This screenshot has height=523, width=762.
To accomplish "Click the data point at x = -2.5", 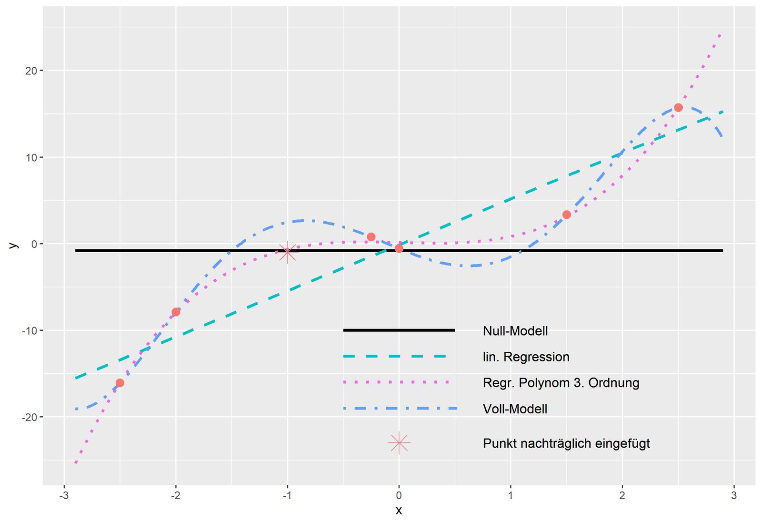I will coord(120,383).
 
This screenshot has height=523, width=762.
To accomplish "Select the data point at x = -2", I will coord(176,312).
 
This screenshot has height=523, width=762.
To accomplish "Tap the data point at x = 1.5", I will coord(566,215).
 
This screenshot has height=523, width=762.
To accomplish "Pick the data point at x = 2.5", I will coord(678,108).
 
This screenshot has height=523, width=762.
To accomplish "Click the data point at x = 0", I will coord(399,248).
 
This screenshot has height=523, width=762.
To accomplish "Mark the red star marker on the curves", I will coord(287,252).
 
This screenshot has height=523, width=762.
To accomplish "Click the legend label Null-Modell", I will coord(515,331).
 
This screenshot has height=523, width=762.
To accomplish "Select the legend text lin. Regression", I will coord(526,357).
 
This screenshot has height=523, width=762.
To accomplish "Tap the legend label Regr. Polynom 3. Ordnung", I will coord(561,383).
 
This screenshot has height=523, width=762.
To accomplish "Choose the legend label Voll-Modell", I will coord(515,409).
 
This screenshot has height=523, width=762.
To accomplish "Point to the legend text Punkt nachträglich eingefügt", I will coord(566,443).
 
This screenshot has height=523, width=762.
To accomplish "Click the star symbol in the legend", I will coord(399,443).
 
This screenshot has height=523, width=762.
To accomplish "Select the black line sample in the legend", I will coord(399,330).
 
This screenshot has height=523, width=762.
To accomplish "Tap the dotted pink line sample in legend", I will coord(396,382).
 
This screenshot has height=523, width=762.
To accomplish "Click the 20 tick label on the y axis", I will coord(31,71).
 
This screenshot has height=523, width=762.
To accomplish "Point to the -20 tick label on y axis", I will coord(30,417).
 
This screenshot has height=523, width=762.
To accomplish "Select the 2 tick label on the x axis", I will coord(622,496).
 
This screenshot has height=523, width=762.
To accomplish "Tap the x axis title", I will coord(399,511).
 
